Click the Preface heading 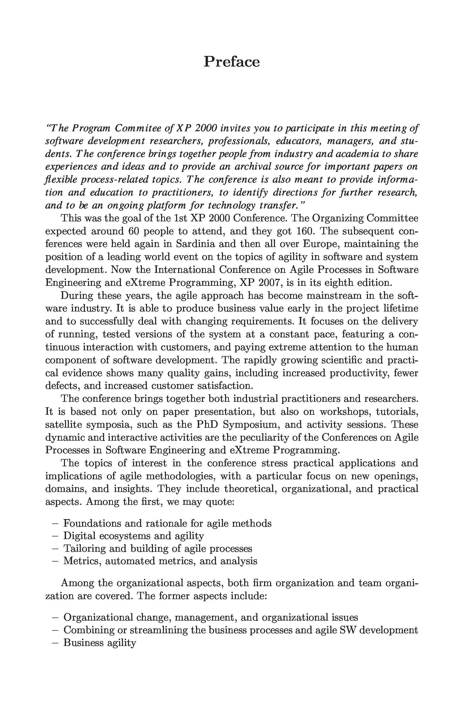231,62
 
